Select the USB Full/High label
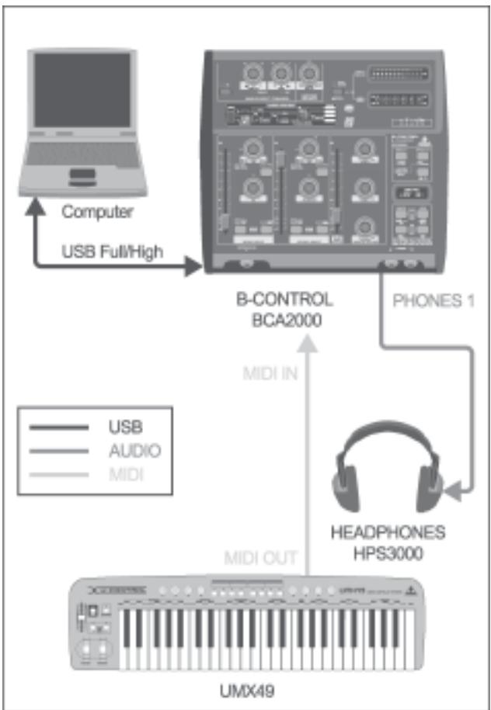(111, 251)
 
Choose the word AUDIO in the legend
(134, 449)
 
